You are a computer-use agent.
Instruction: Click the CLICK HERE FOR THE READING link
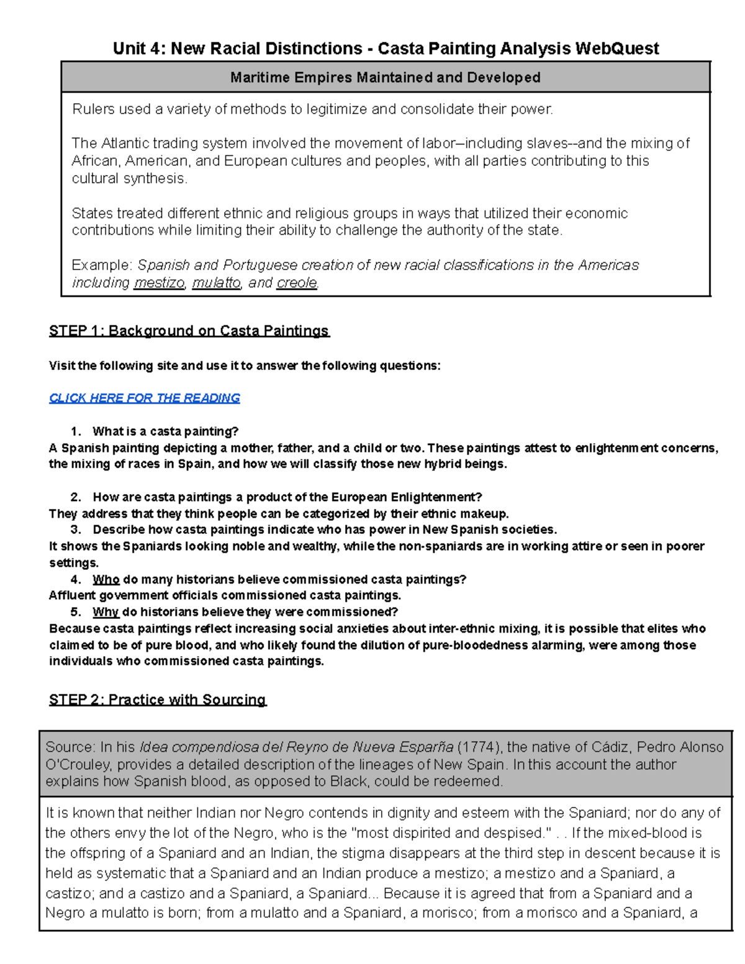[144, 398]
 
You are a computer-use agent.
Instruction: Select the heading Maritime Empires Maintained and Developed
[385, 78]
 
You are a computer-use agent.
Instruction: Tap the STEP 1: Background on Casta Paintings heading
[189, 331]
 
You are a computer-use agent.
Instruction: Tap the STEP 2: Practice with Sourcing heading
[158, 700]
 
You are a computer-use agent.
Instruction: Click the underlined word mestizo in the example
[159, 283]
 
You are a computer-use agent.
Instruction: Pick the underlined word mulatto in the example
[216, 283]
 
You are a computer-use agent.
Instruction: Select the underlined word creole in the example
[297, 283]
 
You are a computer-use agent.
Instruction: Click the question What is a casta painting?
[165, 431]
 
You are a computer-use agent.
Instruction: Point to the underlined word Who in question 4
[106, 580]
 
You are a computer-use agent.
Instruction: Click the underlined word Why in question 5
[106, 612]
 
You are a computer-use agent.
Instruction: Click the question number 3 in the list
[76, 529]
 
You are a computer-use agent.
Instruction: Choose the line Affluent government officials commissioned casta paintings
[225, 596]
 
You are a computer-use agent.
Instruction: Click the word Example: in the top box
[102, 266]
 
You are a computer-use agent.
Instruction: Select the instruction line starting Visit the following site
[245, 366]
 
